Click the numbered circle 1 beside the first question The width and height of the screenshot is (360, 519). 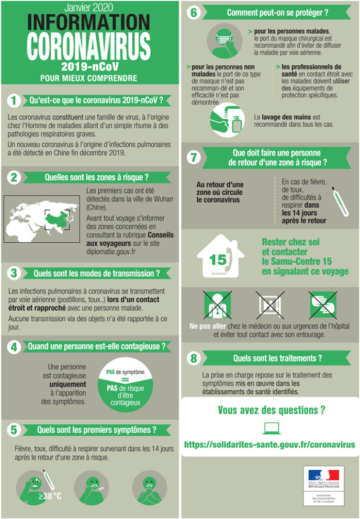[14, 100]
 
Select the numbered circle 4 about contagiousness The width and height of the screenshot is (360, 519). [14, 347]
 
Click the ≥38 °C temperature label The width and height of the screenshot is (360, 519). [50, 496]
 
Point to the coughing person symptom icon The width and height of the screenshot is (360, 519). [92, 488]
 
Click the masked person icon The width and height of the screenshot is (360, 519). [224, 41]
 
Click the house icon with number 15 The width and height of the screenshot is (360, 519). [220, 255]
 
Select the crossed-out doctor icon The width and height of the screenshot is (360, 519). [217, 304]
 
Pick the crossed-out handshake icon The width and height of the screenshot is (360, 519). [323, 304]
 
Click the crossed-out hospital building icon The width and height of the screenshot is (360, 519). [270, 304]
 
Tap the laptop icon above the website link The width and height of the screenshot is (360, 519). [272, 428]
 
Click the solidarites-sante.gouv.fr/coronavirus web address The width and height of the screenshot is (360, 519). [269, 445]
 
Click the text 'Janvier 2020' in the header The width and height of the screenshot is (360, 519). [89, 7]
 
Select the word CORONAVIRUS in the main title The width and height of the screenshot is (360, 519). [89, 47]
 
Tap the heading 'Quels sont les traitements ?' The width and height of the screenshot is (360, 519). [277, 358]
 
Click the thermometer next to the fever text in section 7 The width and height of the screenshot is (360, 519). [340, 202]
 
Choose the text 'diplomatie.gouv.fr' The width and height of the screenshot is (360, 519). [111, 252]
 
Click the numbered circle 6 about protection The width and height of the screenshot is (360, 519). [194, 13]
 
